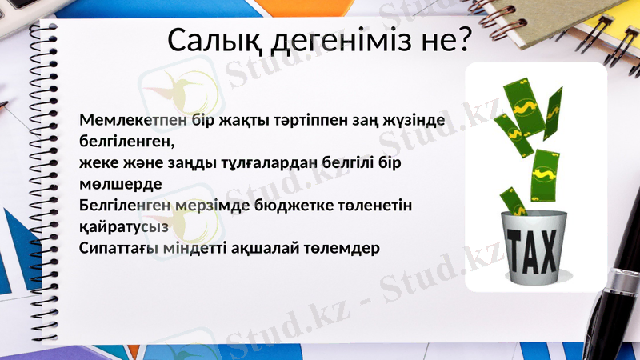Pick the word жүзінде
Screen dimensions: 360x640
point(417,120)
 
